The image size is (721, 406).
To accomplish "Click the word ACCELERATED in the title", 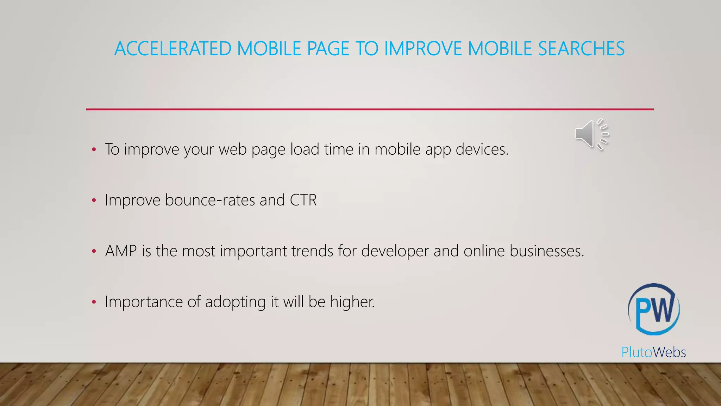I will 173,49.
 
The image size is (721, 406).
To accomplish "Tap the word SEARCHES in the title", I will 581,49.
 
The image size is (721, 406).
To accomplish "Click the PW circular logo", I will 654,309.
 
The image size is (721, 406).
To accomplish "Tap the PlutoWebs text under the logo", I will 653,352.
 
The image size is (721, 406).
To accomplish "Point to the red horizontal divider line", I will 370,109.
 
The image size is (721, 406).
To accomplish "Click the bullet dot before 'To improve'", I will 94,150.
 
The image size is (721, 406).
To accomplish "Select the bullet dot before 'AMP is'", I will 94,252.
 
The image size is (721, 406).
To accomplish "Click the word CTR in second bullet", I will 303,200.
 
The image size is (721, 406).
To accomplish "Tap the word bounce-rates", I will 210,200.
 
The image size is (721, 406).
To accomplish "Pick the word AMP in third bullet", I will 121,251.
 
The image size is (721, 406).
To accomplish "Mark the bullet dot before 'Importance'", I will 94,302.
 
